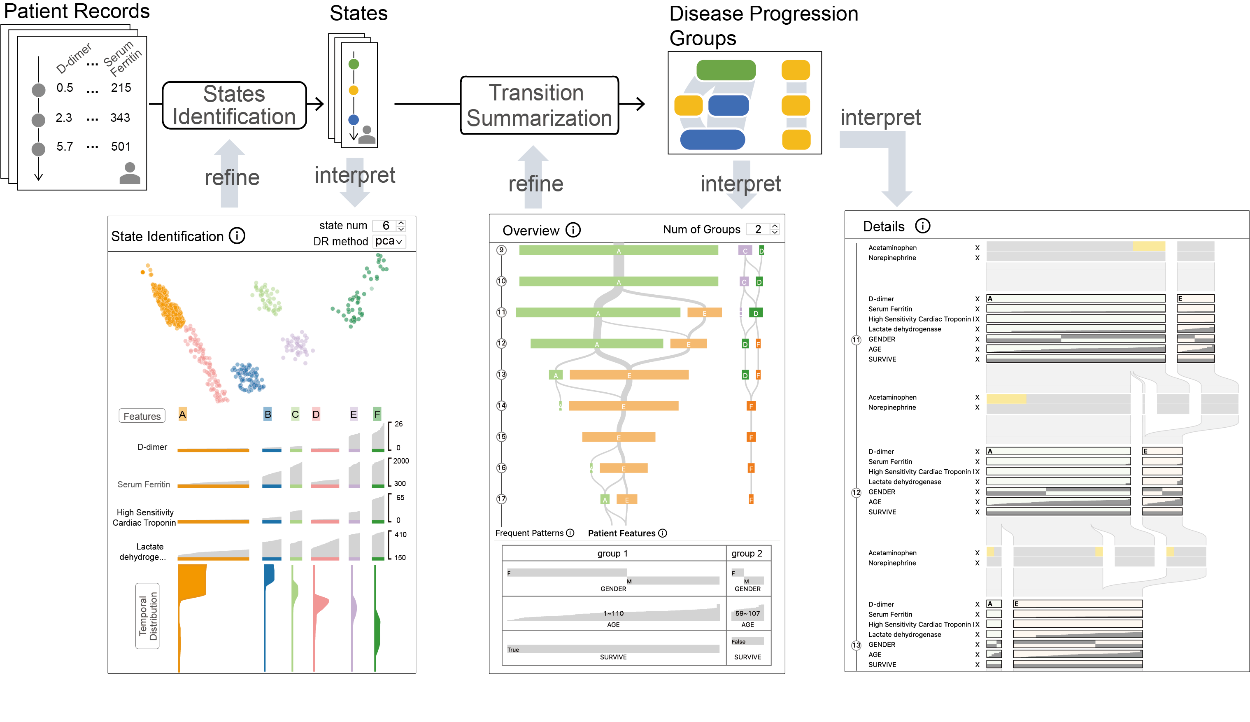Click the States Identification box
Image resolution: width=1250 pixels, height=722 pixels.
click(x=234, y=105)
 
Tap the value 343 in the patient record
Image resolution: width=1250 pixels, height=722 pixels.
click(x=120, y=118)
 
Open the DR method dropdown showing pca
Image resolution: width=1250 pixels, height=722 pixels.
click(x=389, y=241)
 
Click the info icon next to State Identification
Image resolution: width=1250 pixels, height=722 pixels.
click(x=237, y=235)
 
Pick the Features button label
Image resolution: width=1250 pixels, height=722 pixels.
click(x=142, y=416)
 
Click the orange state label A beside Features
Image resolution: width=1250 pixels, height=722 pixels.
click(x=182, y=414)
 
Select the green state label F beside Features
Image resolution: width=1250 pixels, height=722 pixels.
click(x=377, y=414)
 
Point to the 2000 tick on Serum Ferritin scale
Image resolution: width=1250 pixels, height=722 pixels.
click(x=400, y=461)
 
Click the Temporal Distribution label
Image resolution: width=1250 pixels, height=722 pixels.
click(x=148, y=615)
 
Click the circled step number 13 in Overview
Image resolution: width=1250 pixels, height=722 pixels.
click(x=501, y=375)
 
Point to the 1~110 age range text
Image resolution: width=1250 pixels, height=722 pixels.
click(x=613, y=613)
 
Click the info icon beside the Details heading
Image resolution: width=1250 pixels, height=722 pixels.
click(x=922, y=226)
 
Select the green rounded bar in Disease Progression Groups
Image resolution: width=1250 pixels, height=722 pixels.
click(x=725, y=70)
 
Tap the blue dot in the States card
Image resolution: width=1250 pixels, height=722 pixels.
click(x=354, y=119)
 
